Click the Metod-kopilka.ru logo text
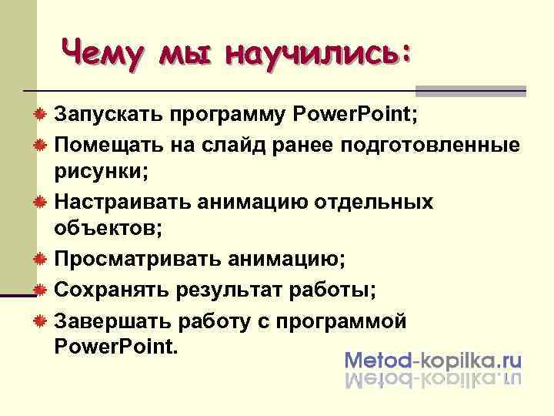pyautogui.click(x=433, y=360)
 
